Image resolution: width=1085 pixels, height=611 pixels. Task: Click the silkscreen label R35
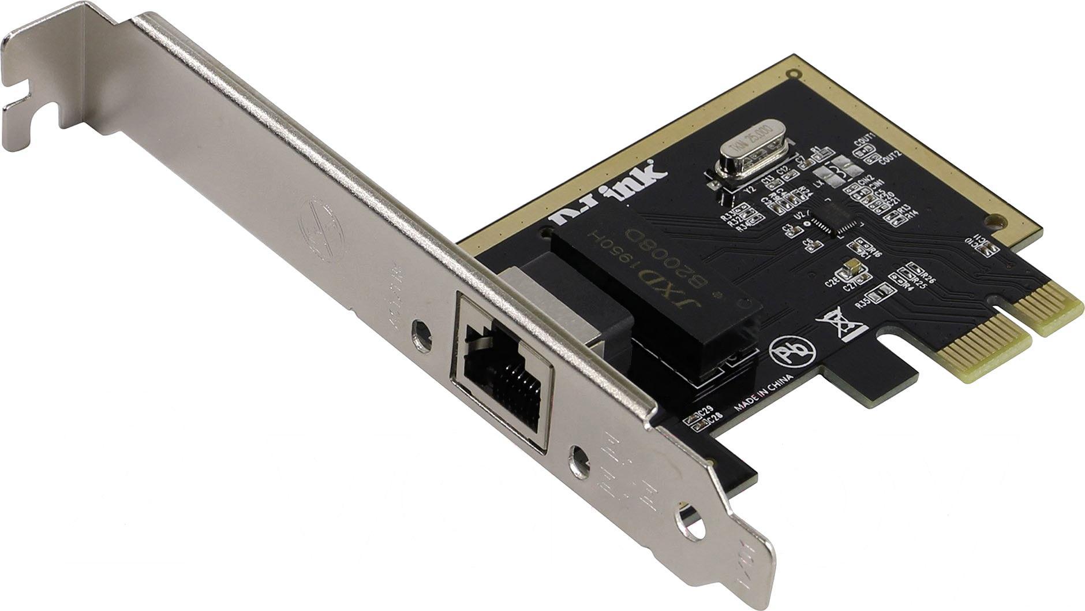pyautogui.click(x=863, y=302)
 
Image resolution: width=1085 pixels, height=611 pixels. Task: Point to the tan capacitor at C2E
pyautogui.click(x=851, y=268)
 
